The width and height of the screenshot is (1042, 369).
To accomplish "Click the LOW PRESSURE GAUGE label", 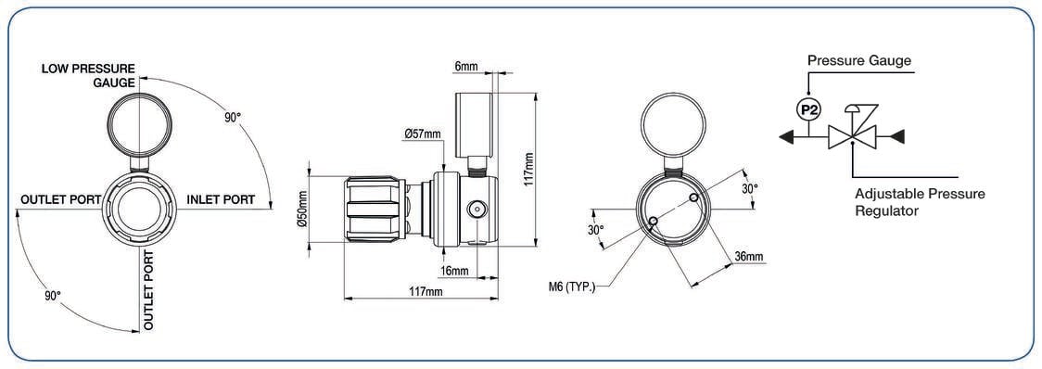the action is pyautogui.click(x=88, y=76).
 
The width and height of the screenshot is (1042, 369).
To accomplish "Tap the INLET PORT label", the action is pyautogui.click(x=221, y=199).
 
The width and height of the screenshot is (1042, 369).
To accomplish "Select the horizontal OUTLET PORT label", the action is pyautogui.click(x=61, y=199).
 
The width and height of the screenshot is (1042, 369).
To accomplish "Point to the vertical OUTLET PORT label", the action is pyautogui.click(x=149, y=290).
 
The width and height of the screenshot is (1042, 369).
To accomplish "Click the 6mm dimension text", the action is pyautogui.click(x=466, y=67).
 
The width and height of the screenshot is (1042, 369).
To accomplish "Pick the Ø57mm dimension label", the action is pyautogui.click(x=422, y=134).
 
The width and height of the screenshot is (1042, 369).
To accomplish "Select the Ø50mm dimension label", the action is pyautogui.click(x=301, y=210).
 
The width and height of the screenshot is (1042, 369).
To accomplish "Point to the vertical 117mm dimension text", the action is pyautogui.click(x=529, y=170).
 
